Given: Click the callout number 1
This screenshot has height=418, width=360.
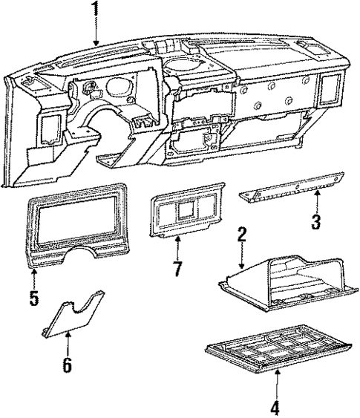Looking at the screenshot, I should tap(95, 10).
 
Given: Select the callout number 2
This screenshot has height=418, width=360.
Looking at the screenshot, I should tap(241, 236).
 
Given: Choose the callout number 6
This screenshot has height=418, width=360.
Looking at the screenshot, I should tap(68, 364).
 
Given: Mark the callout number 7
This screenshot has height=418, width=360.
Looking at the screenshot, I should tap(177, 268).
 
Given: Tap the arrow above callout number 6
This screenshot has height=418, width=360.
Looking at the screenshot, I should tap(68, 342).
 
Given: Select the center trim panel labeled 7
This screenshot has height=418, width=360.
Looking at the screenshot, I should tap(186, 215).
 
